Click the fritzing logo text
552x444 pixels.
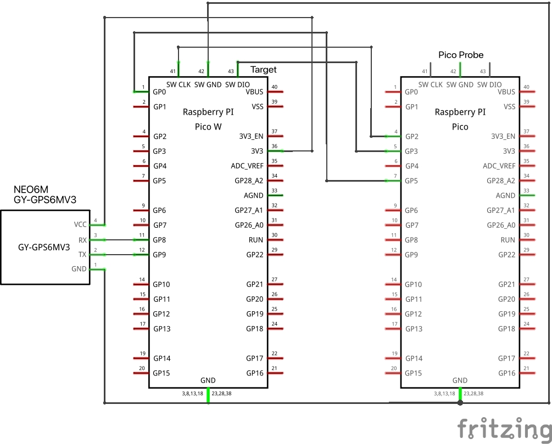click(x=504, y=429)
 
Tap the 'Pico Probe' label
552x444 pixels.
click(x=461, y=55)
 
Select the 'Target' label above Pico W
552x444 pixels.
click(x=264, y=70)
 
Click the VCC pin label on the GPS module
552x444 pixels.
click(x=80, y=224)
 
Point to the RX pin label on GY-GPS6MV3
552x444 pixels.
click(x=82, y=240)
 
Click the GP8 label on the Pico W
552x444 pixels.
click(x=160, y=240)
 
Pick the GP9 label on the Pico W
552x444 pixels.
click(x=160, y=255)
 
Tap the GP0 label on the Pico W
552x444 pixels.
click(x=160, y=92)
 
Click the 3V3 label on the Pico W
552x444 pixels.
click(x=257, y=151)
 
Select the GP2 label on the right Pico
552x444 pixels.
click(x=412, y=136)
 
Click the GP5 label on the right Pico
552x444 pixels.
click(x=412, y=181)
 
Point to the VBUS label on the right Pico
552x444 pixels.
click(x=506, y=92)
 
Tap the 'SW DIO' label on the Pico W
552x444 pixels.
click(x=237, y=85)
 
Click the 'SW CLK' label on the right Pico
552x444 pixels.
click(x=431, y=85)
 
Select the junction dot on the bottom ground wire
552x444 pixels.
click(x=460, y=403)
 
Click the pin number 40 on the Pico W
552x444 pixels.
click(x=274, y=87)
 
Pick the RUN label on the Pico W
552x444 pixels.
click(x=256, y=240)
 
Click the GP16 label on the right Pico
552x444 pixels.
click(x=507, y=373)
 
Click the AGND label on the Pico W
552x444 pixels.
click(x=253, y=195)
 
